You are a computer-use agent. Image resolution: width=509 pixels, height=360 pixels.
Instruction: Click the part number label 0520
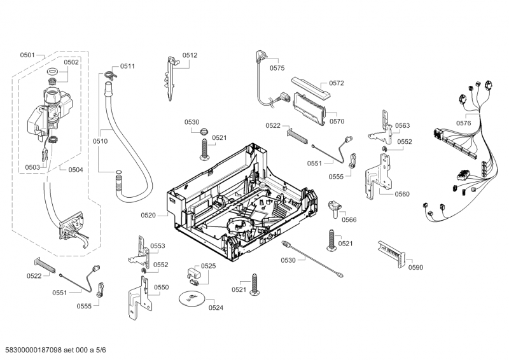pyautogui.click(x=148, y=216)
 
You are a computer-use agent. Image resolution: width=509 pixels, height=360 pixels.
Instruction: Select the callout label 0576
pyautogui.click(x=464, y=123)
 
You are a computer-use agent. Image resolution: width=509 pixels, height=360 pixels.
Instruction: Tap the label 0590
pyautogui.click(x=415, y=267)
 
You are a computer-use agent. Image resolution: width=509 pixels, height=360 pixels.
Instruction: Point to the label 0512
pyautogui.click(x=190, y=55)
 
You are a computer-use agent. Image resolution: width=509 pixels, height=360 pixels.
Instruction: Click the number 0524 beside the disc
pyautogui.click(x=216, y=308)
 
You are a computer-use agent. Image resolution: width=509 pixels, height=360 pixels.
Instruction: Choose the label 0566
pyautogui.click(x=349, y=219)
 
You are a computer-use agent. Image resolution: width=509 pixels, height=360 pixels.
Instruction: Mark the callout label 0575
pyautogui.click(x=277, y=67)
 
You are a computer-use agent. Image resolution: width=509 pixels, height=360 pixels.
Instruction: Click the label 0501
pyautogui.click(x=27, y=55)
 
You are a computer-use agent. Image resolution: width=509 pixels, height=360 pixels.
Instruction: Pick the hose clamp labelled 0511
pyautogui.click(x=110, y=75)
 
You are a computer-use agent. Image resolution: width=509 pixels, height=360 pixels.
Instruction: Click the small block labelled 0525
pyautogui.click(x=195, y=275)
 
